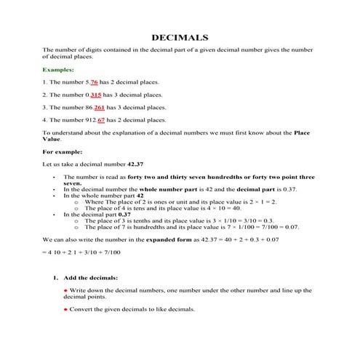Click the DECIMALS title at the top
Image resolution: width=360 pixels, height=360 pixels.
pyautogui.click(x=180, y=37)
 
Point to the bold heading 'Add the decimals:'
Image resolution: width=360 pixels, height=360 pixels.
pyautogui.click(x=92, y=279)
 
